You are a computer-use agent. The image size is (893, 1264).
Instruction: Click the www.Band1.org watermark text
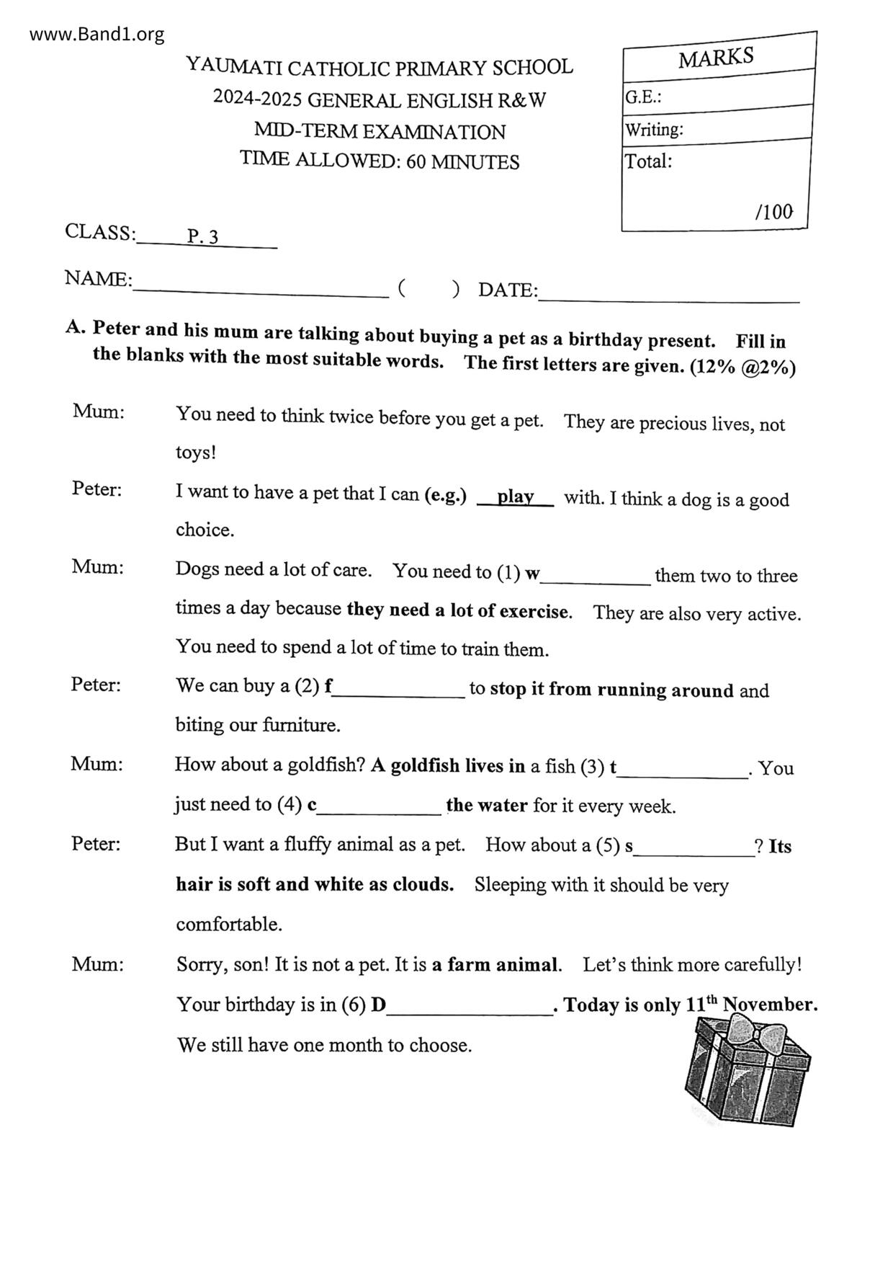click(97, 34)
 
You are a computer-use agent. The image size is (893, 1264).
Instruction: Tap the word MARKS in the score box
click(715, 58)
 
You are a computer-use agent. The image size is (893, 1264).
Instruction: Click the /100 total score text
click(773, 212)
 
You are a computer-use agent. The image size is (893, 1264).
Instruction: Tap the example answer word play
click(515, 497)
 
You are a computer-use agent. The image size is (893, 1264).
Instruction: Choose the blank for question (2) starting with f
click(399, 693)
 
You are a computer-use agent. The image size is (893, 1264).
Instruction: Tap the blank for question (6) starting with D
click(470, 1009)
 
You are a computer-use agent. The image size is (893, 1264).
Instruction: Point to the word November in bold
click(769, 1005)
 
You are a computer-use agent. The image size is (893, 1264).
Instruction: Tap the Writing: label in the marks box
click(654, 130)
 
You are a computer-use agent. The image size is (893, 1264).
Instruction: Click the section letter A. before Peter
click(76, 327)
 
